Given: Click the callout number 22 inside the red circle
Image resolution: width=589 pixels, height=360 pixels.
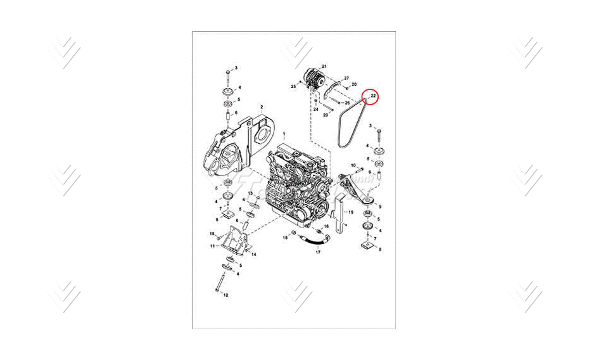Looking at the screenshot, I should (x=374, y=96).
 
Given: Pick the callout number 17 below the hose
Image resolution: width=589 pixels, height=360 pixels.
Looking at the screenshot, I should (x=318, y=252).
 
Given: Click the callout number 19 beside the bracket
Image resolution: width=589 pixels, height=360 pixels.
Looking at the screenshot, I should (x=351, y=212).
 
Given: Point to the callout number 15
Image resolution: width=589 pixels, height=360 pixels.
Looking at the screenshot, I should (x=213, y=234).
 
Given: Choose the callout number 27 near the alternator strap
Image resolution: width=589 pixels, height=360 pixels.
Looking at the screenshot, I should (x=346, y=78).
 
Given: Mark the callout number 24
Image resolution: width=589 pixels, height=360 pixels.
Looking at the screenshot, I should (x=315, y=110).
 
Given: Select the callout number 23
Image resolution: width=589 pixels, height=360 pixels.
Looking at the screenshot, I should (x=325, y=115).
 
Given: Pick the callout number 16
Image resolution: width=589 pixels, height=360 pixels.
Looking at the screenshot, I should (x=327, y=226).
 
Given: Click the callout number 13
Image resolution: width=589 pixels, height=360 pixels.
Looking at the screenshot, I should (x=250, y=193).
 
